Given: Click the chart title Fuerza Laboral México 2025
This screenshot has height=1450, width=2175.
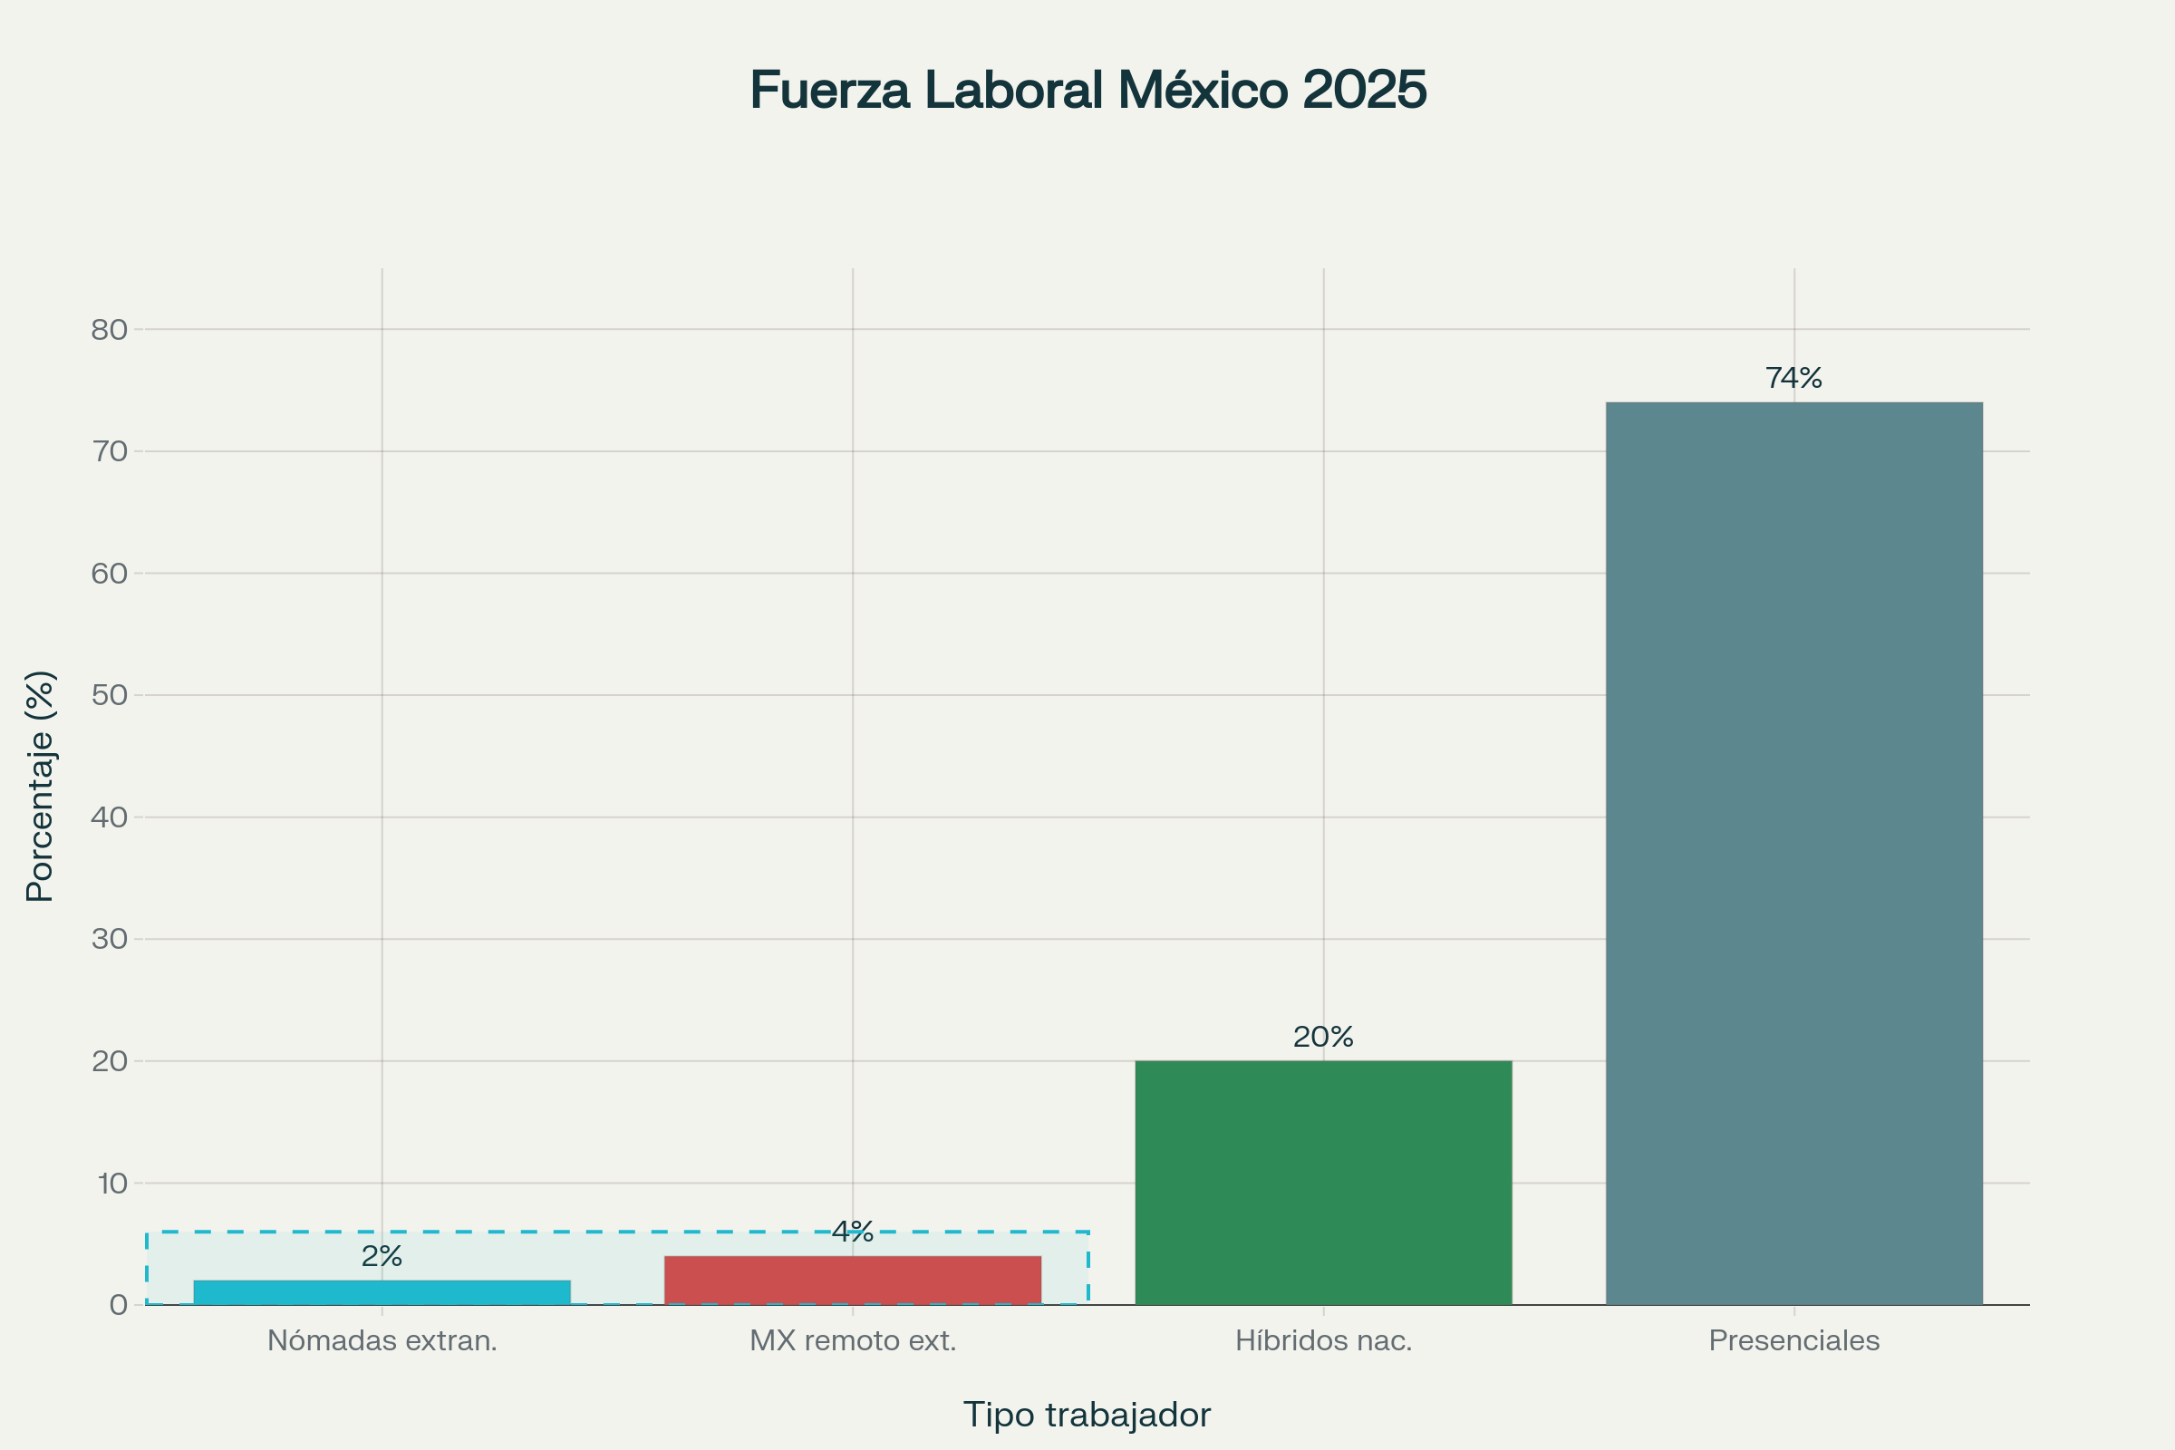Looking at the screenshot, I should (x=1087, y=90).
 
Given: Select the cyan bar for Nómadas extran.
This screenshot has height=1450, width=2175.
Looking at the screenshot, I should (x=382, y=1292).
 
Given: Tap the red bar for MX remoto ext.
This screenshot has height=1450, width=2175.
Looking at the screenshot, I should (x=853, y=1280).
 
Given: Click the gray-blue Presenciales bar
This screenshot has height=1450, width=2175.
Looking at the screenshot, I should (x=1794, y=853).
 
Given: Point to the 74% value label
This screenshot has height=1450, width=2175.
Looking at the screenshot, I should (x=1794, y=377).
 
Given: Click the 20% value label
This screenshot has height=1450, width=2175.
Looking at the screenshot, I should (x=1323, y=1037).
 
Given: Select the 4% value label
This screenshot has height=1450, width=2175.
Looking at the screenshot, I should (x=853, y=1231).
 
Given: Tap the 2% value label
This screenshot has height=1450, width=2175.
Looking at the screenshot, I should (x=382, y=1256).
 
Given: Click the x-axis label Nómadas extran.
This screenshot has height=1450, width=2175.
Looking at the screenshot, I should (x=382, y=1340).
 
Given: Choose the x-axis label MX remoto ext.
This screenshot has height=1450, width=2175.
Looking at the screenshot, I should (x=853, y=1340).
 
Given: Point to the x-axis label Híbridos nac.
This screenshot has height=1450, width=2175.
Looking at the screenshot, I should (x=1323, y=1340).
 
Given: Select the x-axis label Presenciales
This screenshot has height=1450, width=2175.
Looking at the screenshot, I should (x=1794, y=1340).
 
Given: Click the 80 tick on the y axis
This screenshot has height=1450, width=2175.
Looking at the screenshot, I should (x=109, y=329).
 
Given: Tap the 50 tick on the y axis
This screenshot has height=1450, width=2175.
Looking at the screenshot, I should (x=109, y=694).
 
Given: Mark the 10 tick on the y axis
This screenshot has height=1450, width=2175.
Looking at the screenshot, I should (x=111, y=1183).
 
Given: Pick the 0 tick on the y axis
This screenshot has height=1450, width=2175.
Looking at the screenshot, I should (x=119, y=1305).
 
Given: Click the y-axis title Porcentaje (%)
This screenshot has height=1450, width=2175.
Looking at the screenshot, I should (x=41, y=786).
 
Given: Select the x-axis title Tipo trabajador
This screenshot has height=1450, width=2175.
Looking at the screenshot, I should (x=1087, y=1415).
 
